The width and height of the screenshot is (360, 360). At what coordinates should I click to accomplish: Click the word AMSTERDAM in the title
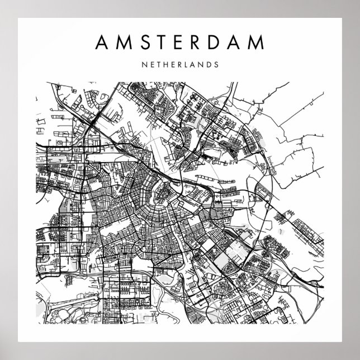180,42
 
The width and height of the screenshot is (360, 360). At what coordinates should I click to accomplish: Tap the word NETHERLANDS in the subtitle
180,64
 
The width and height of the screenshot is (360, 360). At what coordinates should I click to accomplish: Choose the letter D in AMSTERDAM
216,42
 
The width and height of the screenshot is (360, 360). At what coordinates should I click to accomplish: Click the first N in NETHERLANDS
146,64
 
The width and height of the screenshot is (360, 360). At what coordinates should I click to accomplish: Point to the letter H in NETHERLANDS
166,64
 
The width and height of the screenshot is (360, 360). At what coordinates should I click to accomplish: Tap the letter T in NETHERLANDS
159,64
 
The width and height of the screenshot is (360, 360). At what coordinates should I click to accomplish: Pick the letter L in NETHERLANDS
187,64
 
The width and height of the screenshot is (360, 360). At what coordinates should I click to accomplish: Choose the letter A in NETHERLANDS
193,64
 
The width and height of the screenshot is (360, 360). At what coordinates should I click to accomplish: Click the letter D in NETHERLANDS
208,64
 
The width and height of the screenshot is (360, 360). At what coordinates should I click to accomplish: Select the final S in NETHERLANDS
215,64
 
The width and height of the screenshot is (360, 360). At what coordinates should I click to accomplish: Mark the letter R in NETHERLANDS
180,64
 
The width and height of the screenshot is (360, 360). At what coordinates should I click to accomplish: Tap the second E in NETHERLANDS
173,64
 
